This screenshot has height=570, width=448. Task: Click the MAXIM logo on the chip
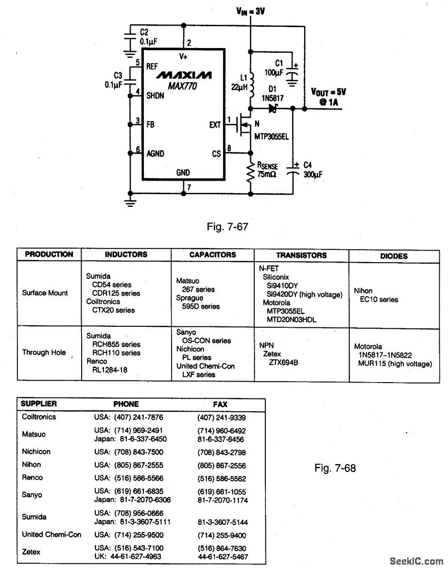tap(183, 76)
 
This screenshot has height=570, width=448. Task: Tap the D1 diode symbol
tap(273, 109)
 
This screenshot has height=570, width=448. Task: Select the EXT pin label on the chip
tap(215, 125)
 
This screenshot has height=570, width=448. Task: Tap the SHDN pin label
tap(155, 96)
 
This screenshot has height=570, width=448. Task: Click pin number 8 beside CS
tap(229, 147)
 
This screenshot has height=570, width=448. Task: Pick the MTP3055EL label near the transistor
tap(272, 137)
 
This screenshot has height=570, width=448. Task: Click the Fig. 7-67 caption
tap(228, 226)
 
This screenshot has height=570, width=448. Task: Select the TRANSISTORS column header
tap(301, 255)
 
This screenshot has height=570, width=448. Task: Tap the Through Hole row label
tap(44, 352)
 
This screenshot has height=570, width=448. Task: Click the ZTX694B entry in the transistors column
tap(283, 362)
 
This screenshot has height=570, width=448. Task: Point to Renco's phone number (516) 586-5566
tap(129, 478)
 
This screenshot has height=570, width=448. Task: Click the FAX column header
tap(220, 404)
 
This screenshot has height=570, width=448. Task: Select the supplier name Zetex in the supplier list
tap(31, 552)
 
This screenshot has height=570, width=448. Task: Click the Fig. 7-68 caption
tap(335, 469)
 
